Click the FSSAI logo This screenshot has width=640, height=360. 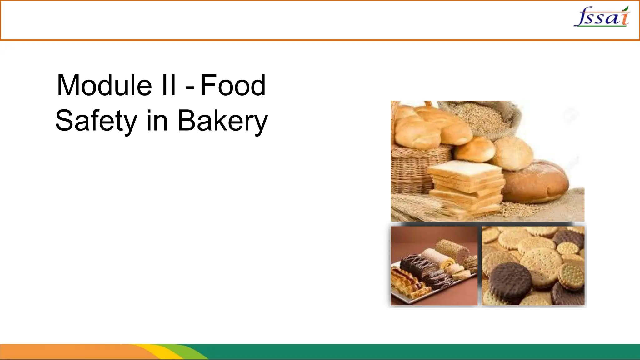(602, 17)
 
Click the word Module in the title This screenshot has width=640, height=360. (104, 85)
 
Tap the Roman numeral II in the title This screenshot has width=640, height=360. (169, 85)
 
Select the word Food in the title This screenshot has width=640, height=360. (233, 85)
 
